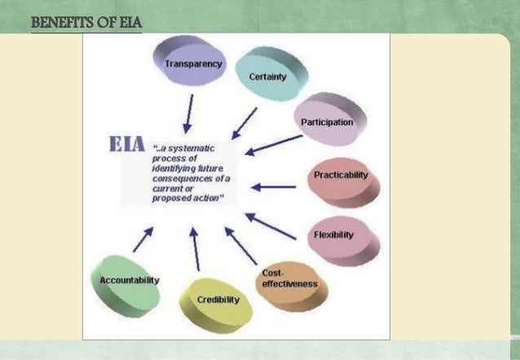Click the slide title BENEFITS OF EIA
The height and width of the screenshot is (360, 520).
click(x=86, y=22)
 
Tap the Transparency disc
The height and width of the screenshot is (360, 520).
click(x=192, y=63)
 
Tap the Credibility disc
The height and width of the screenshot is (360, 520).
click(x=218, y=300)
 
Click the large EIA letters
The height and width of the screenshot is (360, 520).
click(x=128, y=146)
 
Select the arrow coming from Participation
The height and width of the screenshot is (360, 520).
click(x=274, y=144)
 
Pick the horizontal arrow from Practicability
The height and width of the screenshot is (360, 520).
click(x=274, y=187)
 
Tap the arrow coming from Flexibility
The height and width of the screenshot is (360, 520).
click(x=271, y=226)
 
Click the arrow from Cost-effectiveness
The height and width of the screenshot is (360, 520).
click(x=240, y=245)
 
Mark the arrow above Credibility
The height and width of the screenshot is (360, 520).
click(x=195, y=249)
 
